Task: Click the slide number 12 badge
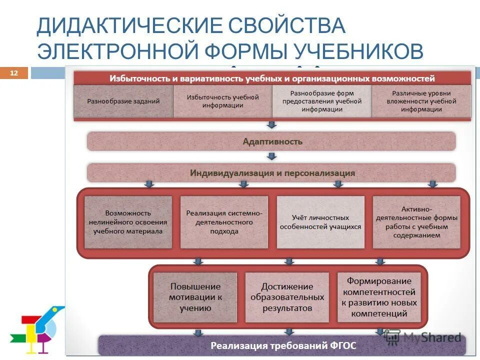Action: tap(13, 73)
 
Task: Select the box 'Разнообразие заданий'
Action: tap(123, 101)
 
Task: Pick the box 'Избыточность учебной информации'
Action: tap(222, 101)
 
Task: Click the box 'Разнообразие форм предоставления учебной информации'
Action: tap(321, 101)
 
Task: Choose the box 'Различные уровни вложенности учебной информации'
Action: tap(421, 101)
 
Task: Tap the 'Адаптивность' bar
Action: tap(272, 141)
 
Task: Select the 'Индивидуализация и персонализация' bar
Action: tap(272, 173)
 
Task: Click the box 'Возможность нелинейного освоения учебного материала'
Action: tap(128, 222)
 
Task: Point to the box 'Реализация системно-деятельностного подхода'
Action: tap(224, 222)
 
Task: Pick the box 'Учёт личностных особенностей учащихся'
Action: tap(320, 222)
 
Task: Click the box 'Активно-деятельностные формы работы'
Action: tap(416, 222)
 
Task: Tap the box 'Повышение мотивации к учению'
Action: tap(195, 297)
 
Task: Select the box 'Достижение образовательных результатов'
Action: tap(287, 297)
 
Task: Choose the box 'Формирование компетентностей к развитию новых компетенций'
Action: tap(379, 297)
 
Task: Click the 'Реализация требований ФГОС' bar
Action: tap(282, 345)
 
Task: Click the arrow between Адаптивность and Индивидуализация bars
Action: tap(271, 156)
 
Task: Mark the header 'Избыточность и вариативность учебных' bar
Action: tap(272, 78)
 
